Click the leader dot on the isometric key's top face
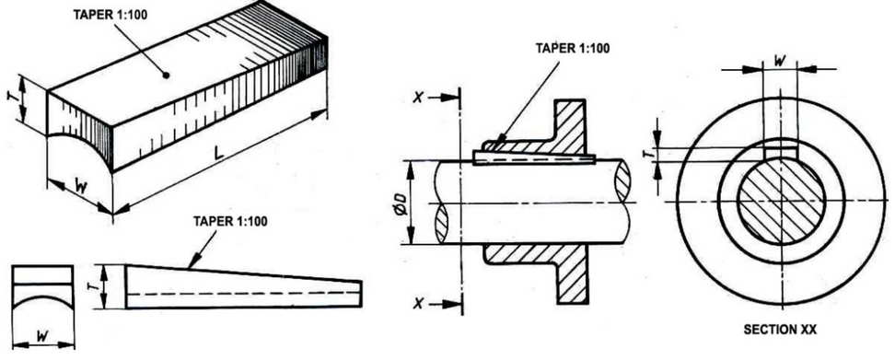167,74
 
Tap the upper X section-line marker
420,96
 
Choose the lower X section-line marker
420,304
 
